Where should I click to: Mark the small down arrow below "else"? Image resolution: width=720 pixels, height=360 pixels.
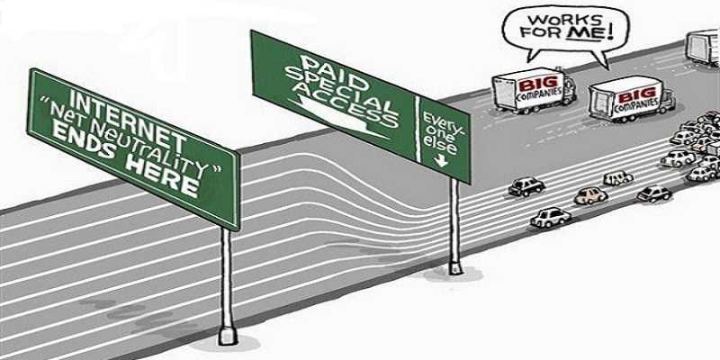[x=442, y=162]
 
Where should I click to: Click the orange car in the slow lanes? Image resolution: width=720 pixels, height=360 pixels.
[x=590, y=194]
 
